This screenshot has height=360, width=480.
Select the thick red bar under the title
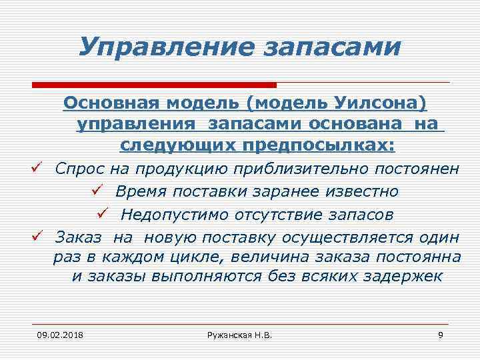(154, 85)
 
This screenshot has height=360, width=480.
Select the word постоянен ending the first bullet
(417, 169)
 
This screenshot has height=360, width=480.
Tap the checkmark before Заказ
(38, 235)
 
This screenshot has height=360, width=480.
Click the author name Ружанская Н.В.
(239, 333)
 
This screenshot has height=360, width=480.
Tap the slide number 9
(441, 333)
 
